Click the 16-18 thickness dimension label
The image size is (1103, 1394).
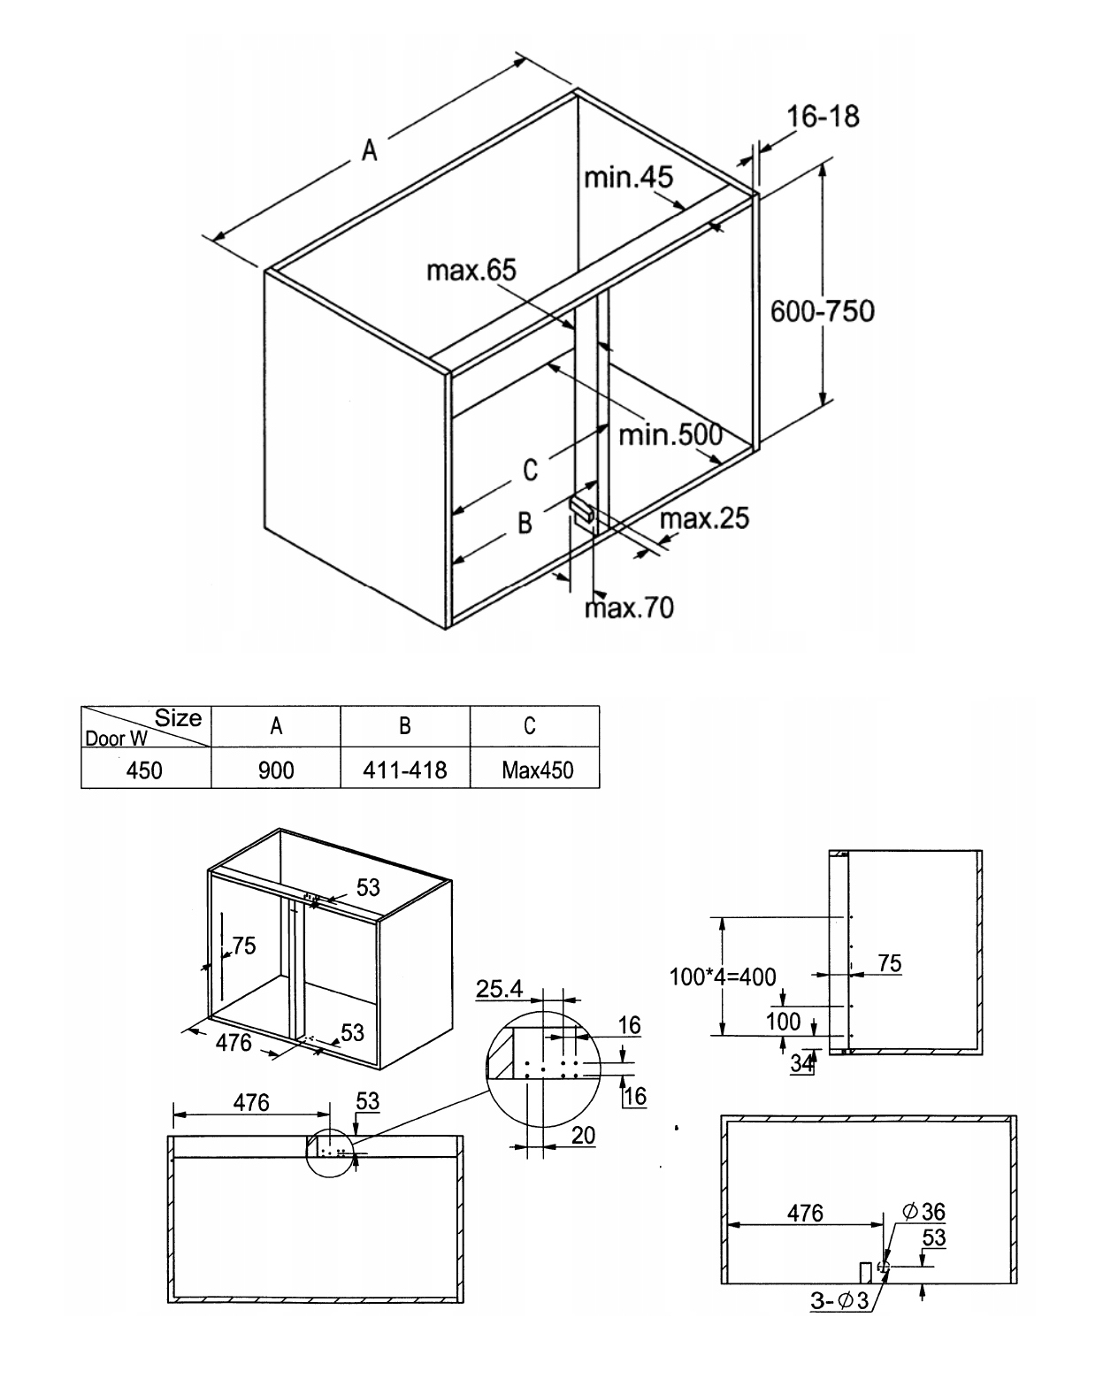click(x=823, y=117)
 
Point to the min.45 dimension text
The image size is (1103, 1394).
click(x=628, y=177)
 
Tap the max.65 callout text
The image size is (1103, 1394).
click(x=471, y=270)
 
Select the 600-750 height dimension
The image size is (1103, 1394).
click(x=823, y=311)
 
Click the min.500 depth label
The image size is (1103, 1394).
click(x=670, y=434)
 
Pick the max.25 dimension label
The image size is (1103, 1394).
click(x=704, y=518)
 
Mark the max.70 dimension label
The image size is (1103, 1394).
click(x=629, y=608)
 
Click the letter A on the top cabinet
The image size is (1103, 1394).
click(x=369, y=150)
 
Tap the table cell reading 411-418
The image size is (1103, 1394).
click(x=405, y=770)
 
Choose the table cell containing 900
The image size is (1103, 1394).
click(x=276, y=770)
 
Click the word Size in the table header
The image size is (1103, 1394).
click(x=178, y=718)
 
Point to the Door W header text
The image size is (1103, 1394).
click(x=117, y=739)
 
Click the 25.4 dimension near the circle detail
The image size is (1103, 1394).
click(x=499, y=989)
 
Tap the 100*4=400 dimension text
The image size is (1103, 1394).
click(x=722, y=977)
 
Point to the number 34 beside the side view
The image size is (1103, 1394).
click(x=802, y=1063)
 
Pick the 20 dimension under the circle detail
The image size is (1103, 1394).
click(x=583, y=1136)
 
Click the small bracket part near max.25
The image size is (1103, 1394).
click(x=582, y=509)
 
